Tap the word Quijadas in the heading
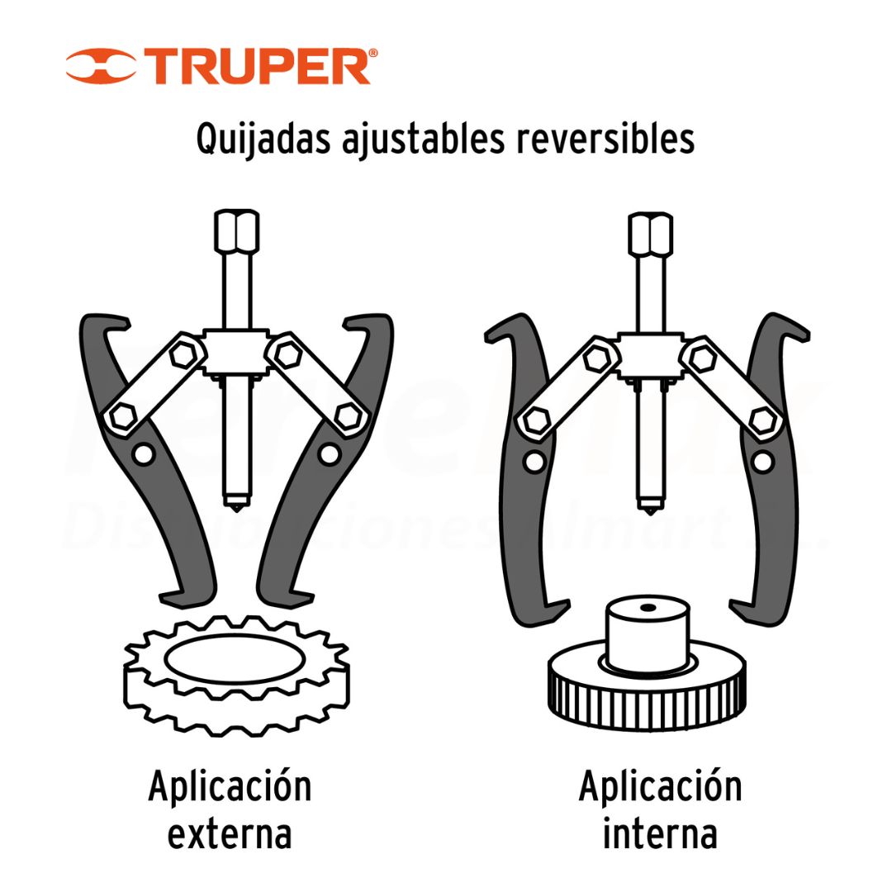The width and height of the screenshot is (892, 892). pos(263,140)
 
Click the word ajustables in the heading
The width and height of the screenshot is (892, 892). pos(423,140)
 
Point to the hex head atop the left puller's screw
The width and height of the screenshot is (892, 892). pos(237,231)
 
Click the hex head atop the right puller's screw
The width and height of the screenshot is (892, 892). pos(650,233)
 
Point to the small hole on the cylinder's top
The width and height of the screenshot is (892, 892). pos(648,608)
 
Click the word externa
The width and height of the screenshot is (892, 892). pos(230,834)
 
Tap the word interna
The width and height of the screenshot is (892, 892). pos(660,833)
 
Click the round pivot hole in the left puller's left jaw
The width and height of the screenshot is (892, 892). pos(143,454)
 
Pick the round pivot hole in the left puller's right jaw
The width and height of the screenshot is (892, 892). pos(329,454)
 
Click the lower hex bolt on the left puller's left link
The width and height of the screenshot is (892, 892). pos(122,417)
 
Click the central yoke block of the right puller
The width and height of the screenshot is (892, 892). pos(650,355)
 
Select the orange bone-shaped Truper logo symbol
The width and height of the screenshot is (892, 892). pos(101,66)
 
